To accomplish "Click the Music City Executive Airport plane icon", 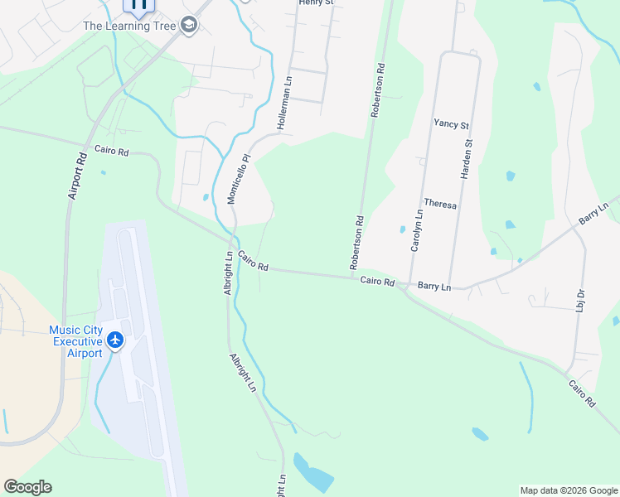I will click(x=114, y=340).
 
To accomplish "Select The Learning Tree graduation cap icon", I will click(x=190, y=26).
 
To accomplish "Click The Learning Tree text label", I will click(x=129, y=26).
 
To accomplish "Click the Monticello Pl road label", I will click(x=238, y=180).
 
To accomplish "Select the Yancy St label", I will click(x=451, y=124).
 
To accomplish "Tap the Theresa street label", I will click(x=440, y=203).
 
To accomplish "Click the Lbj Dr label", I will click(x=580, y=299).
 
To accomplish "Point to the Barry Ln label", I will click(x=434, y=286).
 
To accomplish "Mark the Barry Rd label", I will click(x=593, y=212).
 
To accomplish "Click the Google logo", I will click(x=27, y=487).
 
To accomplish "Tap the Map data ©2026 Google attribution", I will click(x=568, y=490).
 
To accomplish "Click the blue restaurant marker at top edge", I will click(x=138, y=5).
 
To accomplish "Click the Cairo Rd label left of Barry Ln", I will click(x=376, y=282).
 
